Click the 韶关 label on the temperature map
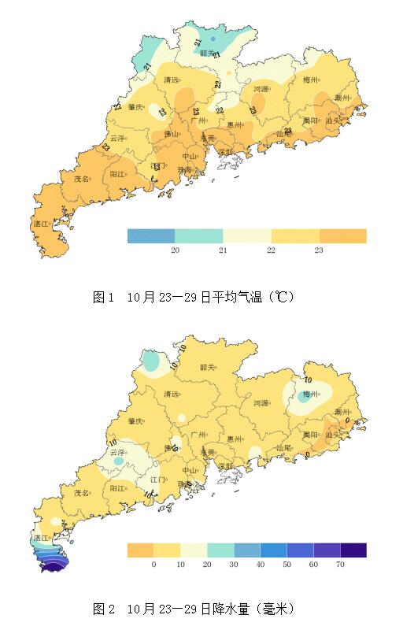click(208, 53)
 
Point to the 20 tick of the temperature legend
click(175, 250)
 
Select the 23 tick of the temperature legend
click(319, 250)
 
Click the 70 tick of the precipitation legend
click(340, 564)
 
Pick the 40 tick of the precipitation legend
click(260, 564)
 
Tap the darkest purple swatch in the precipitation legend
click(353, 550)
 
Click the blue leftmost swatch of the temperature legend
click(151, 235)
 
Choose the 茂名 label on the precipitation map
click(82, 493)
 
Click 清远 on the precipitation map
click(171, 394)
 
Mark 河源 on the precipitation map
click(261, 403)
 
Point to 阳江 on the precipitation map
click(118, 488)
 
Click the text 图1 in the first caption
click(104, 297)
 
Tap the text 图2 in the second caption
click(104, 609)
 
